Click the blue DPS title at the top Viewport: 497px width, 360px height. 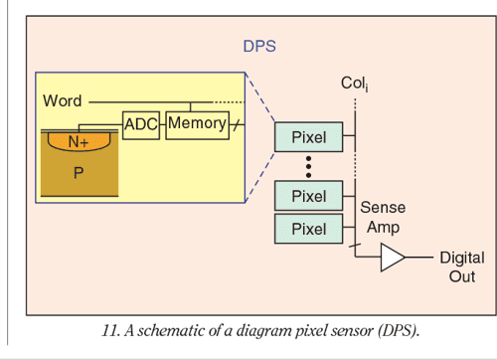point(259,46)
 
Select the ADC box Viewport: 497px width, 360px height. point(140,124)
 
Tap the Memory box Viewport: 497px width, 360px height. point(197,123)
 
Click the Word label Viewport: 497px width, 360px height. point(62,101)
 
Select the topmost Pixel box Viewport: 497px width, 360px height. point(308,134)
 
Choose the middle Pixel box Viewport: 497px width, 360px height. point(308,197)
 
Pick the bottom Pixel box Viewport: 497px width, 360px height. point(308,230)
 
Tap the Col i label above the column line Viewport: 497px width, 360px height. point(354,86)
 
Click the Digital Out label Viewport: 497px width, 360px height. point(461,267)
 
